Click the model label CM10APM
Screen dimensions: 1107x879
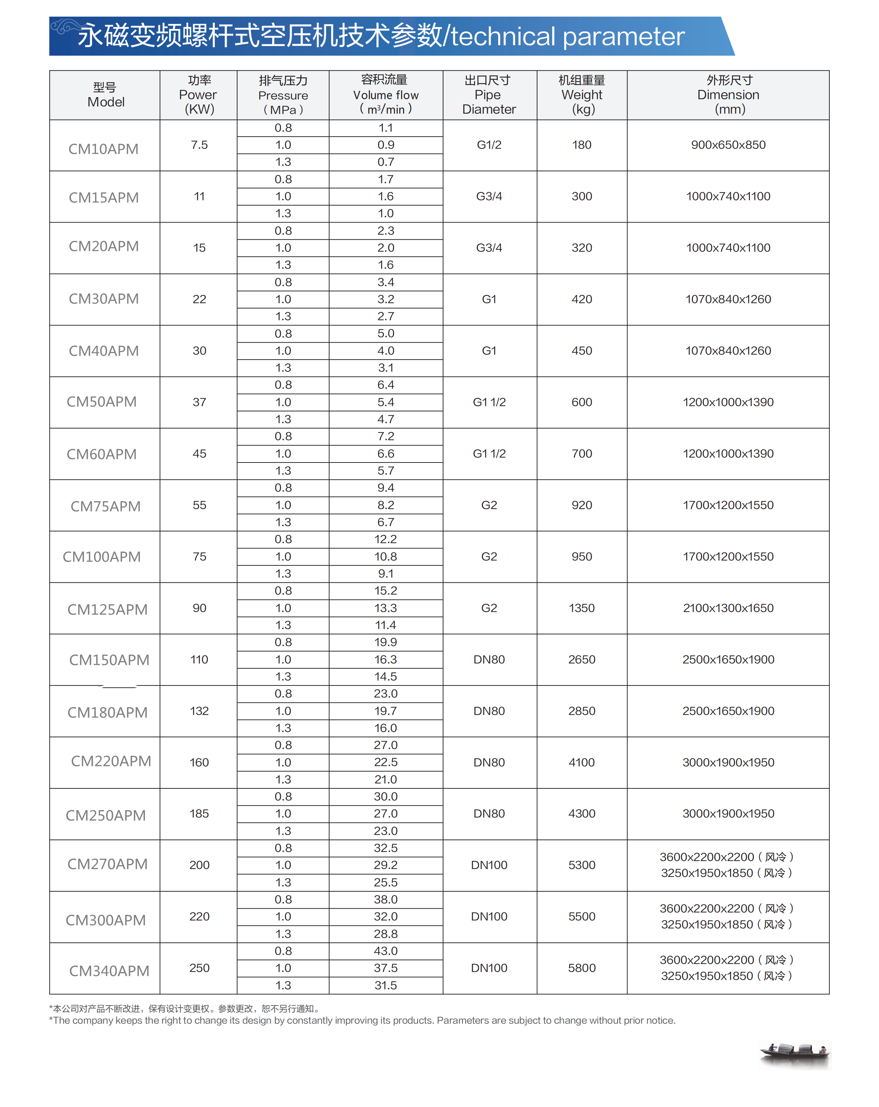point(103,149)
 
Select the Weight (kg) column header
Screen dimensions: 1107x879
point(582,95)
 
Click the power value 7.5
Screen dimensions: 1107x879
point(199,145)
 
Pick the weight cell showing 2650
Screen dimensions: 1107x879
point(582,659)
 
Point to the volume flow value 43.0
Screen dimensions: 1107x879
point(386,950)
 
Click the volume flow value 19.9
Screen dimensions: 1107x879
point(386,642)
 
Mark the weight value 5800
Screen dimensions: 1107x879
point(582,968)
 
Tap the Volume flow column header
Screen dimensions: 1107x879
point(386,95)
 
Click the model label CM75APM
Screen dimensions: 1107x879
point(105,506)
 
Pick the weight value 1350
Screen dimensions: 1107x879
point(582,608)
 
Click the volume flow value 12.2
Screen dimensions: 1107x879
point(386,539)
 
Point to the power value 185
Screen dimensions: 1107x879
point(199,813)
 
